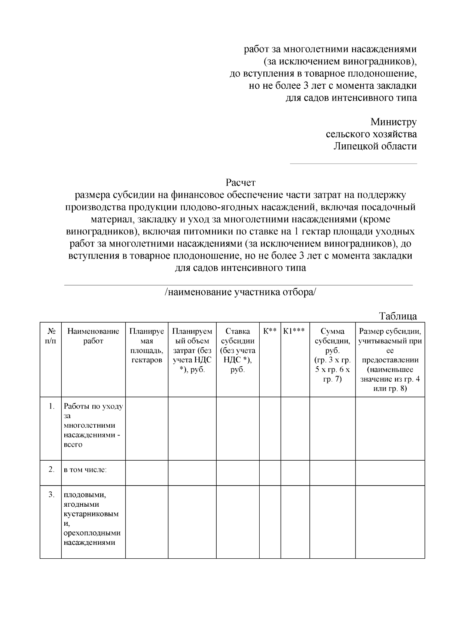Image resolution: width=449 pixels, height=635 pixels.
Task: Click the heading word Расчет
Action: click(x=240, y=183)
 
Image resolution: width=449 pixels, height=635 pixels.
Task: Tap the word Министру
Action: click(x=393, y=122)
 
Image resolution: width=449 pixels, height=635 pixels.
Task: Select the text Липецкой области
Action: click(x=375, y=146)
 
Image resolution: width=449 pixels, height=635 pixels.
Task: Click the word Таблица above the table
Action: click(x=398, y=316)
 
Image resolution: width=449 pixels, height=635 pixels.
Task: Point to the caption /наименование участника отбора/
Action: click(x=240, y=292)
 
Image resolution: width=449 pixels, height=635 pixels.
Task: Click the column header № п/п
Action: click(x=51, y=336)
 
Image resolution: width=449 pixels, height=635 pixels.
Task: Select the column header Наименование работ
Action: click(x=93, y=336)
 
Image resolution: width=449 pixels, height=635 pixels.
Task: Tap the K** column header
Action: click(x=270, y=331)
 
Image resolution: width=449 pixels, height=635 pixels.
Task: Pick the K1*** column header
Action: click(x=294, y=331)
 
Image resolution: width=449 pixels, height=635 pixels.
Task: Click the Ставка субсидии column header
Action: click(x=238, y=350)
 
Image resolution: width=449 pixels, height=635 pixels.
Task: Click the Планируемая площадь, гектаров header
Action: click(x=147, y=345)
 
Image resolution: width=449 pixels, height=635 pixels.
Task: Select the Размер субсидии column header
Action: click(x=390, y=360)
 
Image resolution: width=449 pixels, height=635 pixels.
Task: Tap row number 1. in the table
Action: click(x=52, y=406)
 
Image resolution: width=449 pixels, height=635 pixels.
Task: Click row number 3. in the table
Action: click(x=52, y=495)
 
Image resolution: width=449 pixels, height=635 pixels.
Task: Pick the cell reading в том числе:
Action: click(x=85, y=469)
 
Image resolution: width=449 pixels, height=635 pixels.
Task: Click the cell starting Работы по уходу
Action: click(x=93, y=425)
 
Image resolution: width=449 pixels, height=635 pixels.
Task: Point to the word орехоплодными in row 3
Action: click(x=92, y=533)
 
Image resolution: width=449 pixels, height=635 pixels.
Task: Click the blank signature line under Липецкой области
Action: click(x=353, y=164)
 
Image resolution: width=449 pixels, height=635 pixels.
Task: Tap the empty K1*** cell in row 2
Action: click(x=295, y=473)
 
